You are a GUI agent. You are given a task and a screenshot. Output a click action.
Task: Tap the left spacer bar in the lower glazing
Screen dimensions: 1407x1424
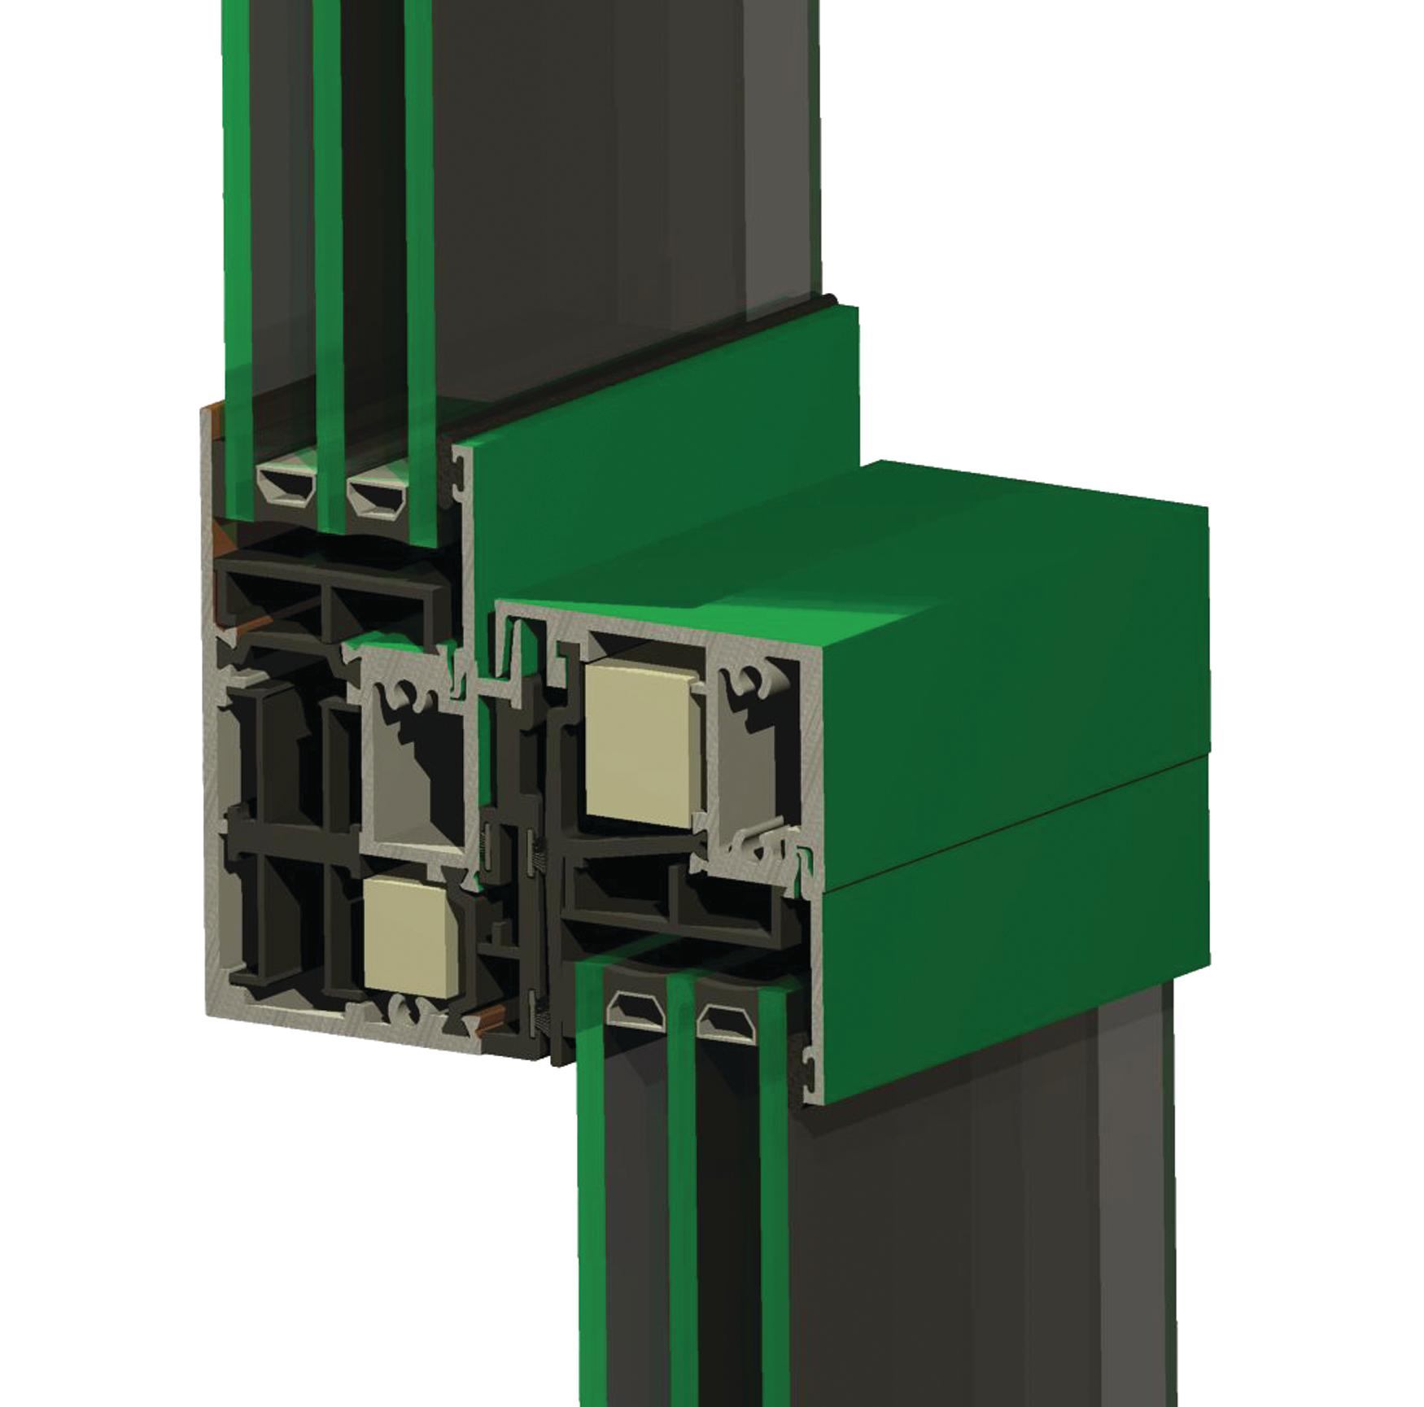click(x=635, y=1012)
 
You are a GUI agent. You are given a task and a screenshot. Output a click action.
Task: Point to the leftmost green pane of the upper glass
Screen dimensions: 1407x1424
click(x=237, y=244)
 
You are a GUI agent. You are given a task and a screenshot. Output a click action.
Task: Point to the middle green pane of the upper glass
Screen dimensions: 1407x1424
click(x=327, y=244)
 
